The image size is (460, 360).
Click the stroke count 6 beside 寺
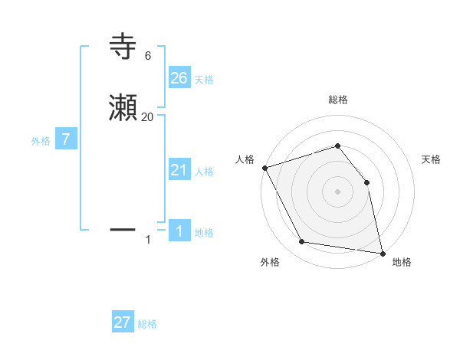point(147,56)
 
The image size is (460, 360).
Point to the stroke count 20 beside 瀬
point(147,117)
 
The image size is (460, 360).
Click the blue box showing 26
point(179,77)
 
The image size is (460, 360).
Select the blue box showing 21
point(179,169)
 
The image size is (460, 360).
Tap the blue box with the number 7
point(66,139)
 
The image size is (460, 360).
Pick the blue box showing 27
point(123,322)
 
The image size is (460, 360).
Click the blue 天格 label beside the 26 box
point(204,79)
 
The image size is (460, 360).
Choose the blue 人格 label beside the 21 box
point(204,172)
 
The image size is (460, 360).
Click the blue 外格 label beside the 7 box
point(41,141)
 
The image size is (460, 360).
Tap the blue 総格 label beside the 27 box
point(147,324)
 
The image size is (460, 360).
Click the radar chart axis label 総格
point(337,100)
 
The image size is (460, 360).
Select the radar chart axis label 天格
point(432,159)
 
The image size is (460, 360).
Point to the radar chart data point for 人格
point(264,167)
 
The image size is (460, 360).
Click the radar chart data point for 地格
point(382,253)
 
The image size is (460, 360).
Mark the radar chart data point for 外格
point(302,242)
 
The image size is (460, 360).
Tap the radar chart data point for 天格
point(366,182)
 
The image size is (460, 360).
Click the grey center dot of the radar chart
point(337,191)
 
